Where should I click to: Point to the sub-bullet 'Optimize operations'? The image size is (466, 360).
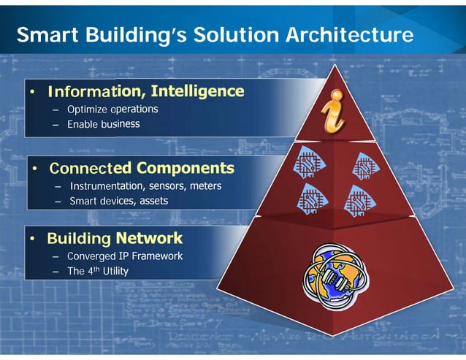pos(112,110)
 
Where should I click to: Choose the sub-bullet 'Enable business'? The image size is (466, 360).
pos(103,125)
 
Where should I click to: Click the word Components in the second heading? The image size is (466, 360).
pos(186,169)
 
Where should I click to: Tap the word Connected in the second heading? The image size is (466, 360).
pos(86,169)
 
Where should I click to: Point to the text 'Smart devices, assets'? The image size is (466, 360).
pos(118,201)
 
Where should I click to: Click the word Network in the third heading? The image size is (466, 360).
pos(149,239)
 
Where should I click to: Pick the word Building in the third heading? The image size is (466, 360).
pos(78,239)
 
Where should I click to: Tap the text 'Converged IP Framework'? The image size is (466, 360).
pos(125,256)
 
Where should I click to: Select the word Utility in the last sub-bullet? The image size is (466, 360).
pos(115,271)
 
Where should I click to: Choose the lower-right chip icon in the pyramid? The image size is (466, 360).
pos(359,198)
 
